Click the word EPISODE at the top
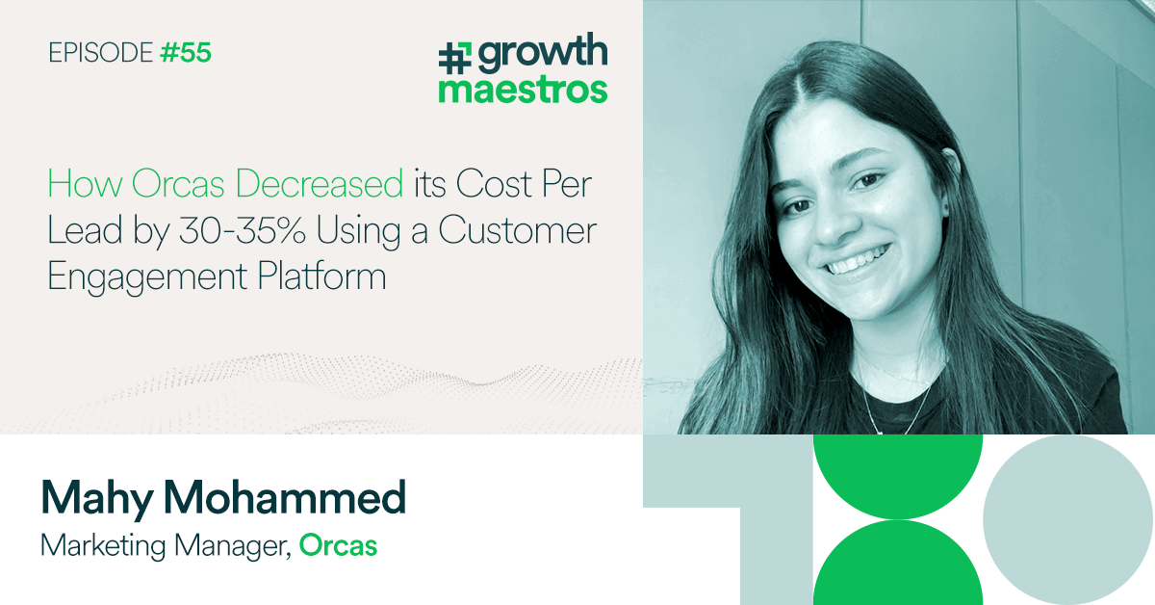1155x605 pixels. (x=100, y=52)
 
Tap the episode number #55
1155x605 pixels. (x=186, y=52)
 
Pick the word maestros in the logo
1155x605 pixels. (x=523, y=89)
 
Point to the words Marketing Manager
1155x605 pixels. (x=165, y=545)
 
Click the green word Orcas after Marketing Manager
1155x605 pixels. (x=338, y=545)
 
